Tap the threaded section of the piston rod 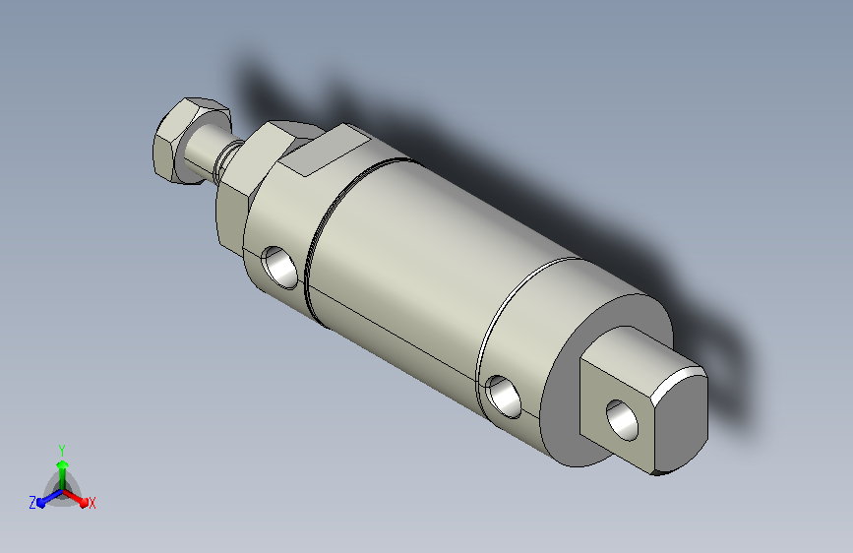click(227, 159)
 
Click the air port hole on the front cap click(280, 267)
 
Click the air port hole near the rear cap click(504, 396)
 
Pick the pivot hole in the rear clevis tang click(623, 419)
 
